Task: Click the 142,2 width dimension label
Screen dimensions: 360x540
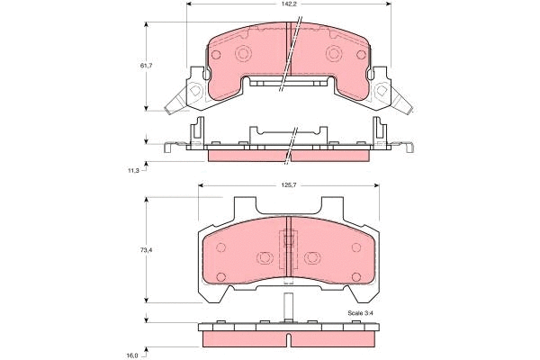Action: [x=289, y=4]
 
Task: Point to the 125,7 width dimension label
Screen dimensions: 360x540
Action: [x=288, y=187]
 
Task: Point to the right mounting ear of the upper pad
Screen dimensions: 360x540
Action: [x=387, y=94]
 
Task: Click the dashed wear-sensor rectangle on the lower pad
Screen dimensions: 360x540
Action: [x=289, y=241]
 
